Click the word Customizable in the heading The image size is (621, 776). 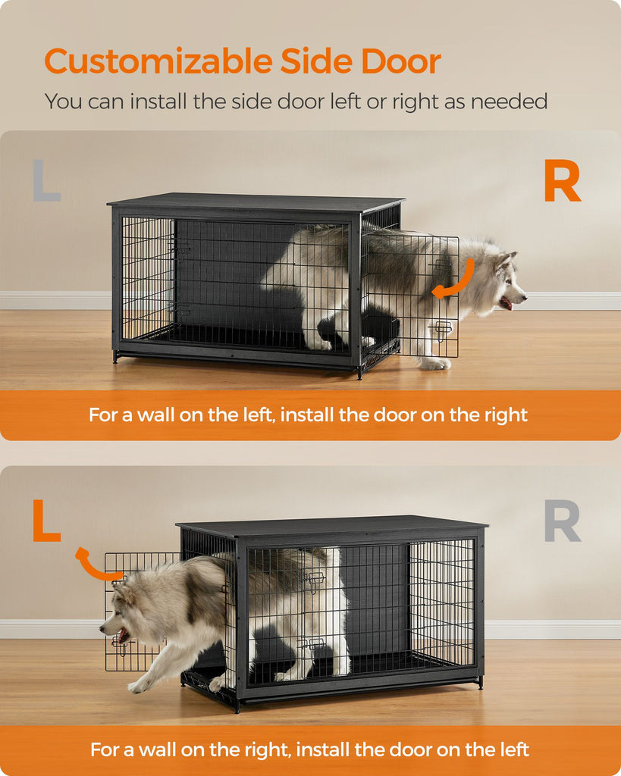[158, 61]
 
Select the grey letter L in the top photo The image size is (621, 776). [46, 180]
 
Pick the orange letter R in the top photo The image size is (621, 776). [562, 180]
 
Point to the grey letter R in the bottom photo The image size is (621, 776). [562, 521]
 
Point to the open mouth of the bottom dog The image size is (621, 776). [122, 635]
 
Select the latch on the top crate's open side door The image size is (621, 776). [442, 330]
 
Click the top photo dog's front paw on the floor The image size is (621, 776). [434, 364]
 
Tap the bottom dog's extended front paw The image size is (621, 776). [136, 685]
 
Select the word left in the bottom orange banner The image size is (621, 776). [511, 749]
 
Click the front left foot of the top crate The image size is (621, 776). [116, 358]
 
